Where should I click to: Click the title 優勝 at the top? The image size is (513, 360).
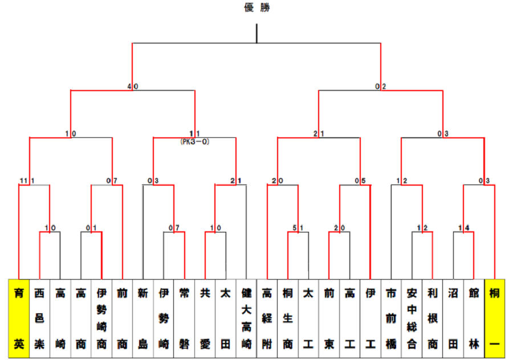(x=256, y=7)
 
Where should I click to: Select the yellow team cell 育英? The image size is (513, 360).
(x=19, y=318)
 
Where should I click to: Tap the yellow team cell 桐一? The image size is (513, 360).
(x=494, y=318)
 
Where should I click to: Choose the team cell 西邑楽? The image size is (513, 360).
(x=39, y=318)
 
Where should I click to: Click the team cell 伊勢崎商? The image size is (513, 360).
(x=101, y=318)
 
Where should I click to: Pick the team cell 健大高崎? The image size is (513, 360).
(x=246, y=318)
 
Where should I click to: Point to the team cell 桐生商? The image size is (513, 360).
(x=287, y=318)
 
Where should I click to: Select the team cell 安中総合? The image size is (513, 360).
(x=411, y=318)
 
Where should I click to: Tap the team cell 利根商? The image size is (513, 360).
(x=432, y=318)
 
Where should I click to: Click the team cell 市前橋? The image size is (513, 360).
(x=390, y=318)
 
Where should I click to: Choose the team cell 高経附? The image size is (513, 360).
(x=267, y=318)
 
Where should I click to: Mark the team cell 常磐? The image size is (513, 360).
(x=184, y=318)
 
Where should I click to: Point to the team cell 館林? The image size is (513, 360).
(x=473, y=318)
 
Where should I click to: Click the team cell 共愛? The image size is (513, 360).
(x=205, y=318)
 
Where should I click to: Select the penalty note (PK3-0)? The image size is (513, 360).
(x=194, y=142)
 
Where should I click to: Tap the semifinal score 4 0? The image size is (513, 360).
(x=132, y=87)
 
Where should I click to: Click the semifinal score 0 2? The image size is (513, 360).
(x=381, y=87)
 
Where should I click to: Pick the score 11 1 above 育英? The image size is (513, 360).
(x=26, y=181)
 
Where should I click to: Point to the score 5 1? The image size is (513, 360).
(x=298, y=228)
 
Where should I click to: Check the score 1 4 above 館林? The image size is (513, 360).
(x=463, y=228)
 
